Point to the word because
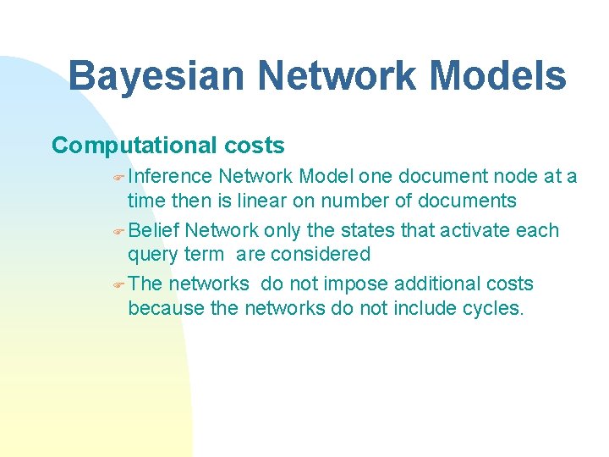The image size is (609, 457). (166, 308)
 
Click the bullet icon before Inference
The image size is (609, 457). (118, 177)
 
